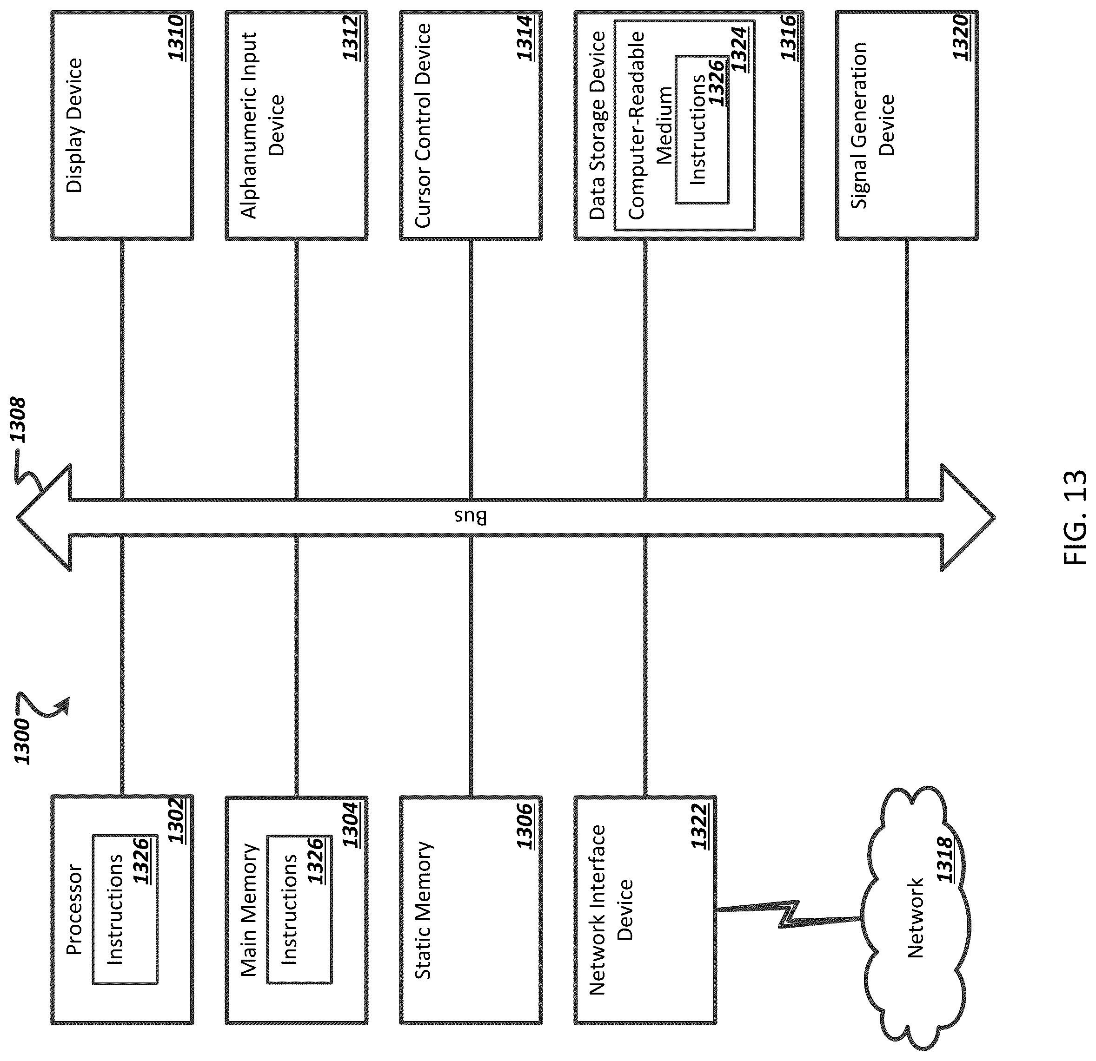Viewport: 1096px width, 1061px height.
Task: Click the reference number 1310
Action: pos(176,39)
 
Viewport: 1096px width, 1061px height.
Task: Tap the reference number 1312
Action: pos(351,39)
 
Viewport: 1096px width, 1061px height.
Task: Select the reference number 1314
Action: pos(525,39)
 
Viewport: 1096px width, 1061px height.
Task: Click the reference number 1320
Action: pos(961,39)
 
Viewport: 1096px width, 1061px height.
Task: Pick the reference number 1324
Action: pos(739,49)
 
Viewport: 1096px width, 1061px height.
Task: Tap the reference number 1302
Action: pos(176,821)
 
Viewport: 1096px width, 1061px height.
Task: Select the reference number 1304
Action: pos(351,824)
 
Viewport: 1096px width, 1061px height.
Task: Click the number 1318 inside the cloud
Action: pos(945,859)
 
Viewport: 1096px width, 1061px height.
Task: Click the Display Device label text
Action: pos(74,126)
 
